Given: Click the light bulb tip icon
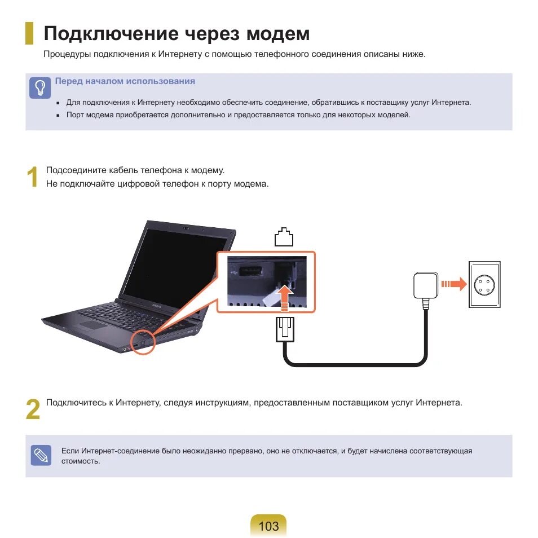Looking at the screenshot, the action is click(39, 88).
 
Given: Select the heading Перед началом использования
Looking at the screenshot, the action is click(125, 81).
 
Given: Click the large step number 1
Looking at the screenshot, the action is click(33, 178).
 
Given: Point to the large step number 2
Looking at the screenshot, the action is click(33, 410).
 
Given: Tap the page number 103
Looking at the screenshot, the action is click(268, 526).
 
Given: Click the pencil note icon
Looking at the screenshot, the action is click(41, 455).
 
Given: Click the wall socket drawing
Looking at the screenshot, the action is click(484, 285).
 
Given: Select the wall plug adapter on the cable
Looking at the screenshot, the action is click(426, 286).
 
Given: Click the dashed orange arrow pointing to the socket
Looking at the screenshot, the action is click(453, 284).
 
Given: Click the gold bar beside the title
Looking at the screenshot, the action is click(29, 34).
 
